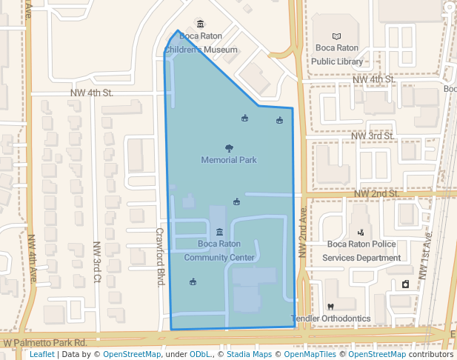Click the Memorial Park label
(229, 159)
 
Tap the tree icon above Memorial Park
(228, 148)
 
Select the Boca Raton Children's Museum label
(201, 43)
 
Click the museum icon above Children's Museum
(199, 24)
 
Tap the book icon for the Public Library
(337, 36)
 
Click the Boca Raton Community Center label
(219, 250)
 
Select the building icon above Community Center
(219, 233)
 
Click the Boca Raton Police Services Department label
(364, 250)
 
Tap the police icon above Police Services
(361, 232)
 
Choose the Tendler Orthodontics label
(330, 319)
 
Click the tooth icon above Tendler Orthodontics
(330, 307)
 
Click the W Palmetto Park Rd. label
(45, 343)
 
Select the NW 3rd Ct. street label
(97, 262)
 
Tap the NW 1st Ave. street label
(426, 255)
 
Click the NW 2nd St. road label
(376, 193)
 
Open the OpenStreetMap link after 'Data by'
(132, 355)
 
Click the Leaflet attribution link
(42, 355)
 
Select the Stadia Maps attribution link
(251, 355)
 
